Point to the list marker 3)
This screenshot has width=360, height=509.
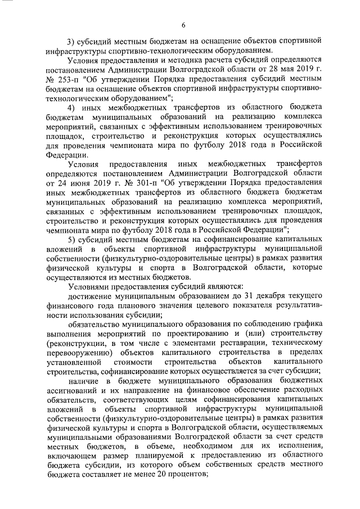pyautogui.click(x=71, y=41)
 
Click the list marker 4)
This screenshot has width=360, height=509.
pyautogui.click(x=71, y=107)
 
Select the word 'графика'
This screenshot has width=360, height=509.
pyautogui.click(x=307, y=325)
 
